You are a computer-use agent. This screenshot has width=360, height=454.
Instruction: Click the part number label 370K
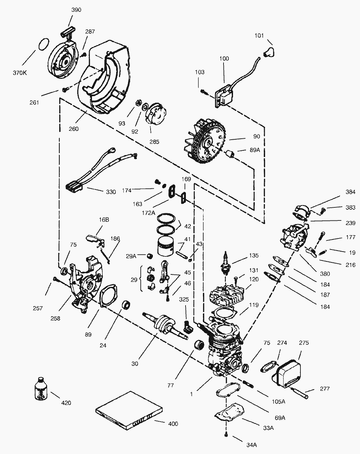(20, 73)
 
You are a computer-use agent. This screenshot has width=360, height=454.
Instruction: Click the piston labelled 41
(166, 246)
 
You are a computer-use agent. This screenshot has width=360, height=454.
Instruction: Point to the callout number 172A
(149, 213)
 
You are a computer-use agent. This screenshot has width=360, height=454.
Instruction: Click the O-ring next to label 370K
(44, 44)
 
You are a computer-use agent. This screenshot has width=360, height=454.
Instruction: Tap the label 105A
(279, 401)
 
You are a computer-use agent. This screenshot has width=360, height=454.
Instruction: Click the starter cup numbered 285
(155, 114)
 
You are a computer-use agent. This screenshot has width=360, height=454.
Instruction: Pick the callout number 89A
(255, 150)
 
